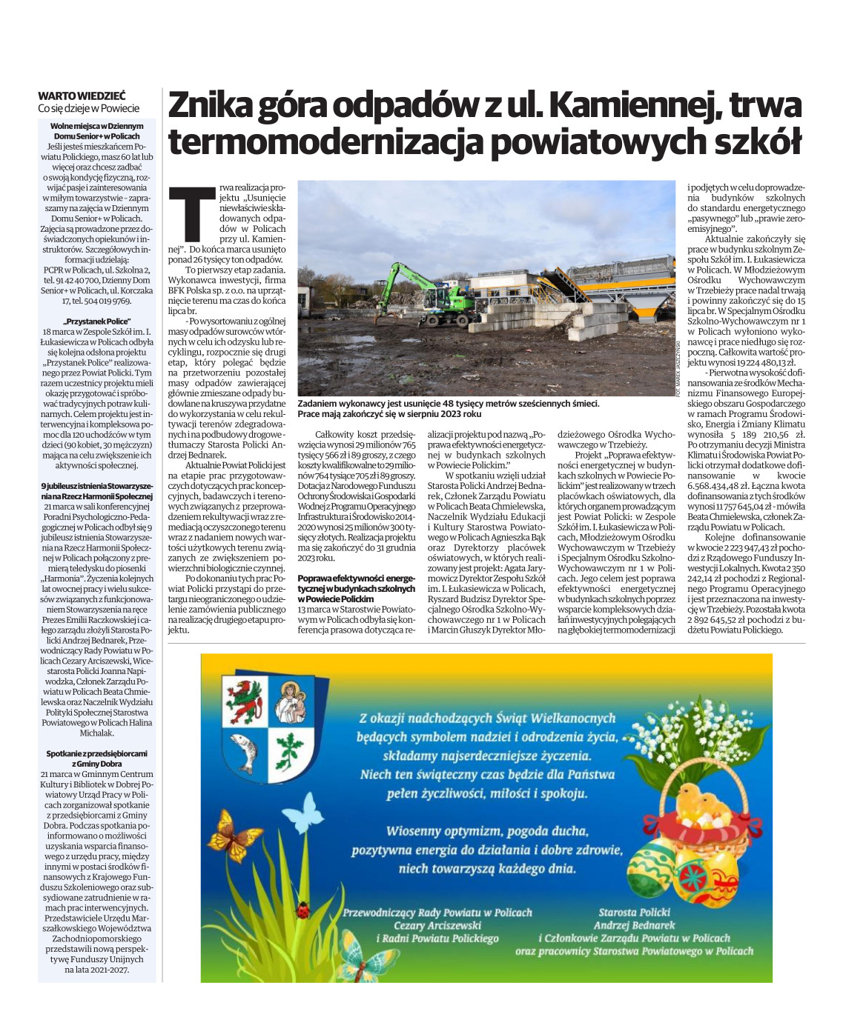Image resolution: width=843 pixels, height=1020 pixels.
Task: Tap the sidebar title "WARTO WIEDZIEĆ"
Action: point(82,96)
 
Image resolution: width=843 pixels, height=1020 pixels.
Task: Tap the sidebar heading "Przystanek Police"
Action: point(96,322)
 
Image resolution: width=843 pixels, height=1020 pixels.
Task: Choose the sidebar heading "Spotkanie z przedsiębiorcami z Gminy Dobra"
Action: point(96,758)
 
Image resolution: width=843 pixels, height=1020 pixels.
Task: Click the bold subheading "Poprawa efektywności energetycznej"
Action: point(356,587)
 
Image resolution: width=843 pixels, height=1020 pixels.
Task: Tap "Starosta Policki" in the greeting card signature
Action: point(634,912)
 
